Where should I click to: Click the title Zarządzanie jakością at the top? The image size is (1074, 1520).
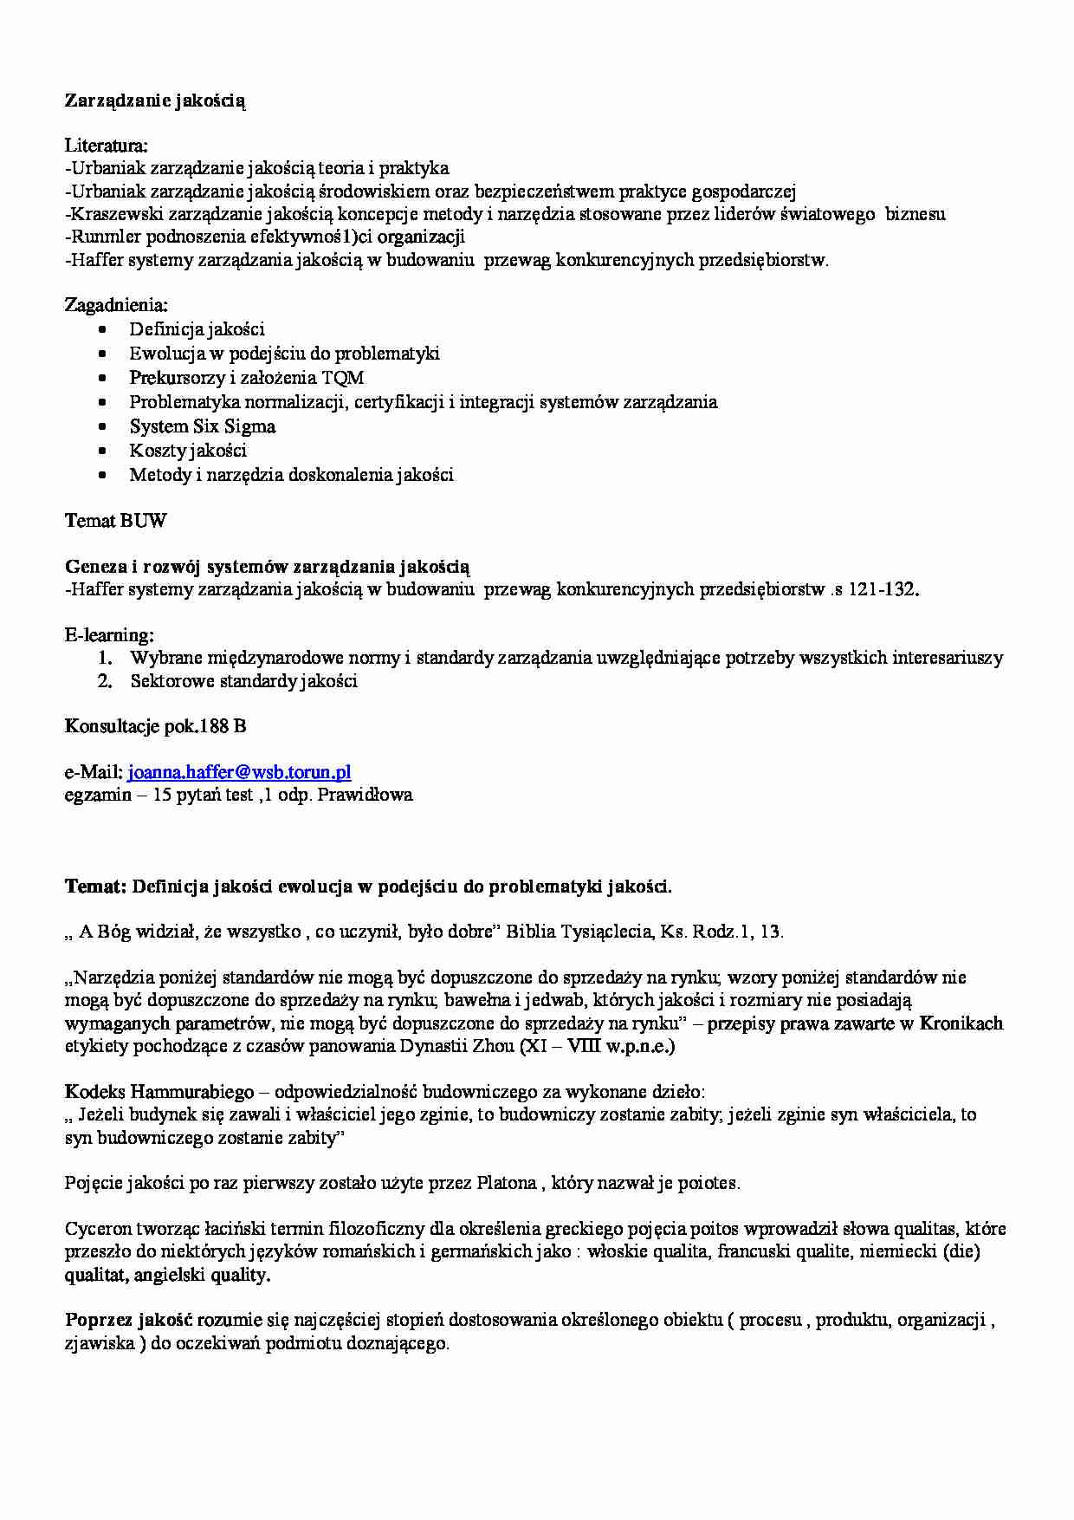click(155, 101)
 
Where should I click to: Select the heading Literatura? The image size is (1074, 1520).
click(106, 146)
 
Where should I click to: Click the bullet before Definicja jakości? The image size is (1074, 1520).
click(104, 330)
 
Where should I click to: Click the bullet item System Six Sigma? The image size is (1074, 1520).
click(203, 426)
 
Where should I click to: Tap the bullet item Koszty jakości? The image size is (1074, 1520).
click(188, 451)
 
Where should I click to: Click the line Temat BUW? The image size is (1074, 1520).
click(115, 521)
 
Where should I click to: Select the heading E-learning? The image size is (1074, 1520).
click(109, 635)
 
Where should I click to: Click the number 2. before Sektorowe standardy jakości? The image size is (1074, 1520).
click(106, 681)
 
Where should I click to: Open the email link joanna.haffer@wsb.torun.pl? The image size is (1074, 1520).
click(239, 772)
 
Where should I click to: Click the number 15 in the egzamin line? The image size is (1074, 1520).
click(162, 795)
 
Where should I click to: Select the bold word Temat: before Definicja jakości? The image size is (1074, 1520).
click(95, 887)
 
